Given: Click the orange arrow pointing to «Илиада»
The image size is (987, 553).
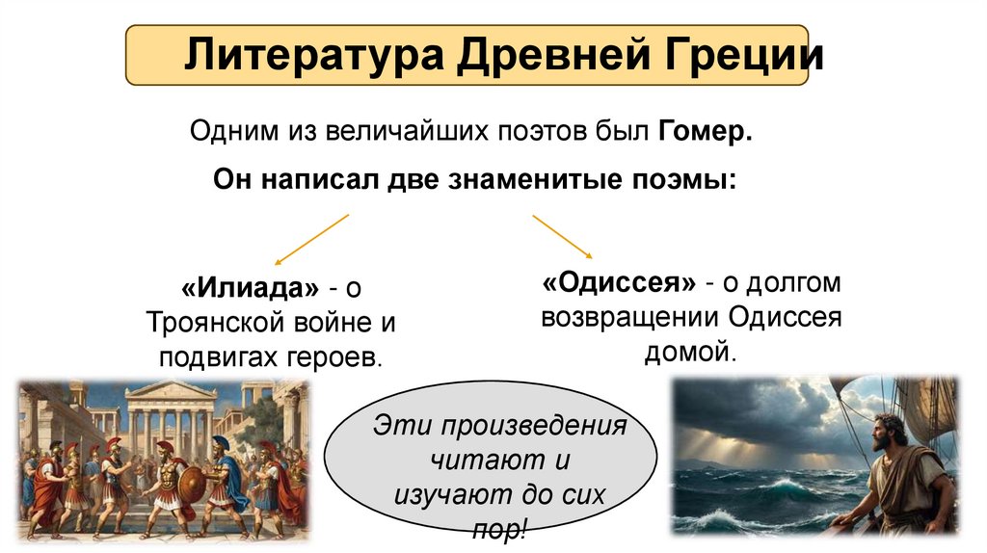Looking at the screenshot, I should click(x=311, y=239).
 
